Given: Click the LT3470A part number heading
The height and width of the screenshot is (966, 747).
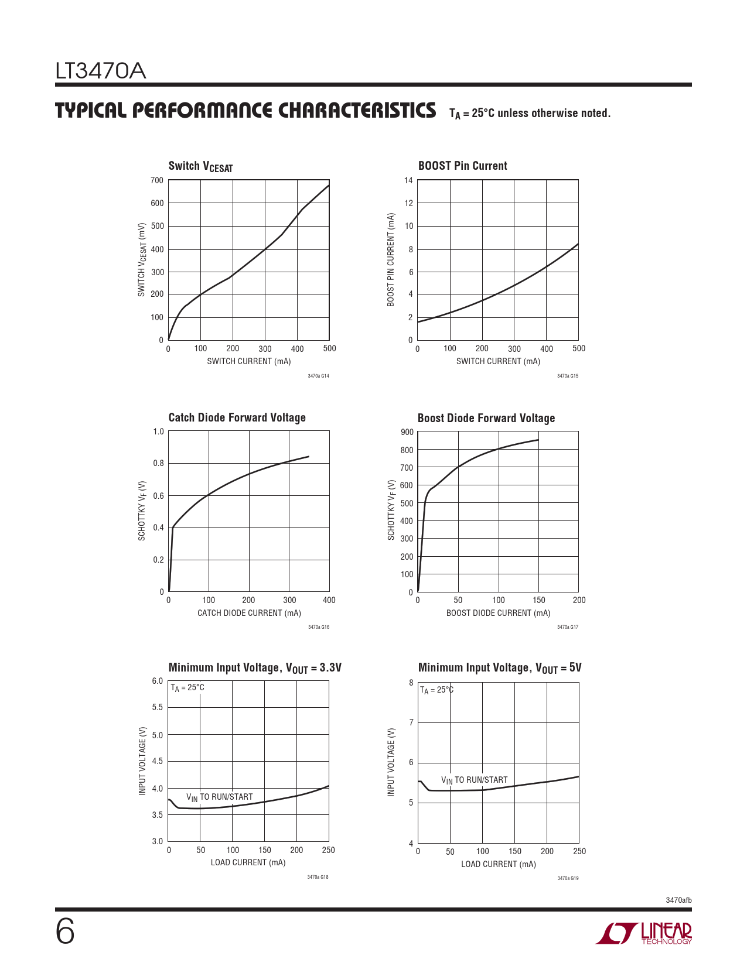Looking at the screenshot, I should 100,71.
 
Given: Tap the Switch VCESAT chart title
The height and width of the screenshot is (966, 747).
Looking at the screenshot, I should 200,166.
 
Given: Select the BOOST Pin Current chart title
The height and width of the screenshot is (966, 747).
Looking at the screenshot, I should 462,166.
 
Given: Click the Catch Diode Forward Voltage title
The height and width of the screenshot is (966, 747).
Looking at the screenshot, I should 237,417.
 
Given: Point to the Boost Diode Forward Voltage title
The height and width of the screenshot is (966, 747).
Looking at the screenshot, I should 486,418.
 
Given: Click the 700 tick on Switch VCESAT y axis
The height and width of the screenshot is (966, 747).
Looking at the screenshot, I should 157,180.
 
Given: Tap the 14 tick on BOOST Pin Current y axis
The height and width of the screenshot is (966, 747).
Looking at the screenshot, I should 408,180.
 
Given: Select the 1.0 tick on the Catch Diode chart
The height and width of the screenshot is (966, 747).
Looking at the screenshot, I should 158,431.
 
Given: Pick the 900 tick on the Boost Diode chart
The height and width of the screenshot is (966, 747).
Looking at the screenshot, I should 407,432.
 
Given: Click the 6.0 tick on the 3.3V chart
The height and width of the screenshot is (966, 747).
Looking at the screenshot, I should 158,681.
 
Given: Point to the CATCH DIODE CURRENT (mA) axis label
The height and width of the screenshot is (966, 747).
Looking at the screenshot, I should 249,613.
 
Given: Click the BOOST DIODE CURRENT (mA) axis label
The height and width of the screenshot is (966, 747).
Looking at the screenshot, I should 498,613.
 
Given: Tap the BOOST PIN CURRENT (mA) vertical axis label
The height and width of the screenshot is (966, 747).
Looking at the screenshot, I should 391,259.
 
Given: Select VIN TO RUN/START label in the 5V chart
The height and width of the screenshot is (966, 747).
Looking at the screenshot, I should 474,780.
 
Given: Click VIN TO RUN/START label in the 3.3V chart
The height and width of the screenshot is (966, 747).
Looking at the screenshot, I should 219,797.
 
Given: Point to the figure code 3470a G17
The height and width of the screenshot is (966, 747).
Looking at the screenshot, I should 567,627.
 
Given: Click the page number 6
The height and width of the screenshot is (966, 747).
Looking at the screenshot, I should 65,931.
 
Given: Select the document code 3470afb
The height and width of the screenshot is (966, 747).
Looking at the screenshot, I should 678,900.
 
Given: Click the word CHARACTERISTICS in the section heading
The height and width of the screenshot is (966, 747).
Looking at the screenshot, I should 357,111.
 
